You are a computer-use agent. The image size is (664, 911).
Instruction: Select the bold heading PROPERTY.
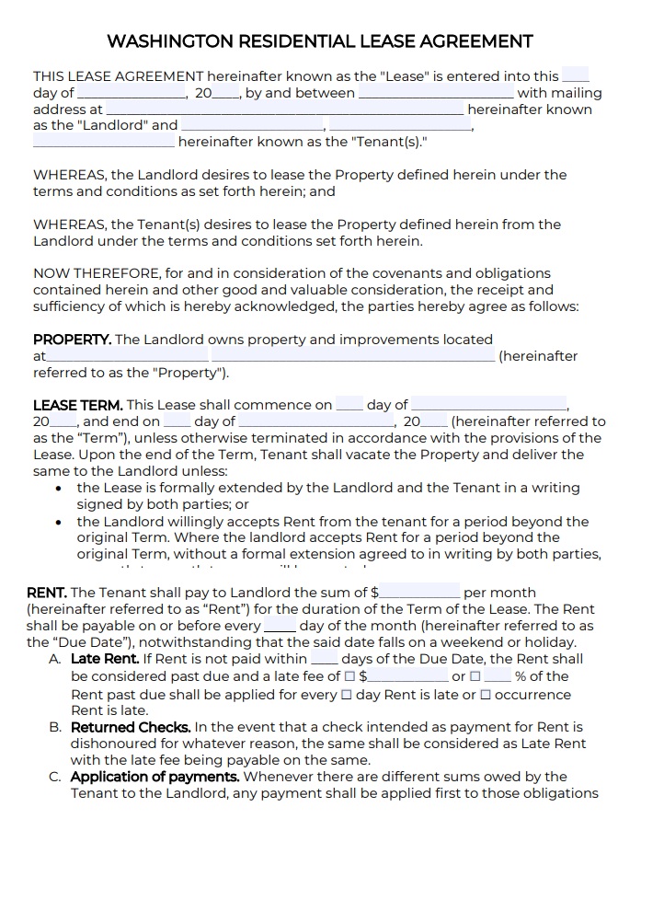tap(72, 340)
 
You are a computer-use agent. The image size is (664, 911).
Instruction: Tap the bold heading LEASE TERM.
tap(77, 405)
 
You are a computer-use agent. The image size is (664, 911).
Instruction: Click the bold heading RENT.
tap(47, 593)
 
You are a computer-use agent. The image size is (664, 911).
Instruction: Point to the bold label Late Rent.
tap(105, 659)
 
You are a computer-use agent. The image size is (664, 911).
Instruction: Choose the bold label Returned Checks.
tap(131, 727)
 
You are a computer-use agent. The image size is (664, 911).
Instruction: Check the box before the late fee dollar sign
tap(349, 676)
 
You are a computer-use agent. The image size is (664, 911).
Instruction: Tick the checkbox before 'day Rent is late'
tap(347, 695)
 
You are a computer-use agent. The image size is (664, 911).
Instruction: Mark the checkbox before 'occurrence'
tap(486, 695)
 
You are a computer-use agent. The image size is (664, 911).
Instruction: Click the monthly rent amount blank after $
tap(419, 593)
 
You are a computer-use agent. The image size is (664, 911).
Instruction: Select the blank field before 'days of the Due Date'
tap(324, 659)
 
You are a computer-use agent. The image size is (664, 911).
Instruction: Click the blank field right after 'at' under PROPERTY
tap(126, 356)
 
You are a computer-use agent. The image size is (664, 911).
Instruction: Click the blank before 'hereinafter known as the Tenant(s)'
tap(103, 142)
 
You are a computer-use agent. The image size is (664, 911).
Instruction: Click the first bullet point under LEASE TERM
tap(59, 489)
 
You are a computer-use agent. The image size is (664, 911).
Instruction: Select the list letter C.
tap(55, 777)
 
